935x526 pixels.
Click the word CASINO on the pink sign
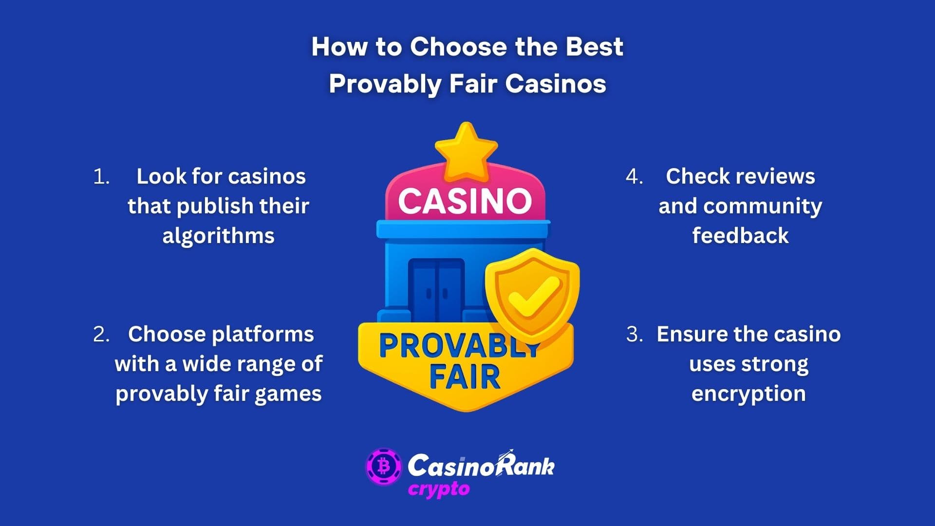465,201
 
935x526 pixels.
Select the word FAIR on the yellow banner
465,377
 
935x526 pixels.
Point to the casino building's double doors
436,289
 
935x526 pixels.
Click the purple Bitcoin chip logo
384,467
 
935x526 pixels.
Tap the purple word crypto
439,489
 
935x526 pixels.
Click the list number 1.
101,177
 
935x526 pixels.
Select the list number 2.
101,335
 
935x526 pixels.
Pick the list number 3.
634,335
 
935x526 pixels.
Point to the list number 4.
634,177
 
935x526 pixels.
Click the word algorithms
218,236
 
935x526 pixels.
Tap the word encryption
748,394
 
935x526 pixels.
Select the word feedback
740,236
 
